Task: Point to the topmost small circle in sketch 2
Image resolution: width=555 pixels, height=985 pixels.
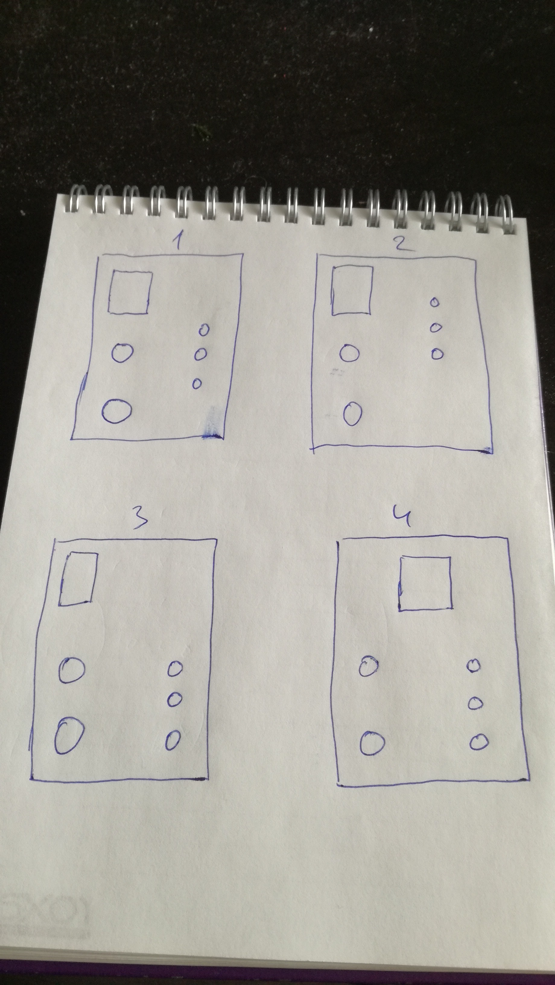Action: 435,302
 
